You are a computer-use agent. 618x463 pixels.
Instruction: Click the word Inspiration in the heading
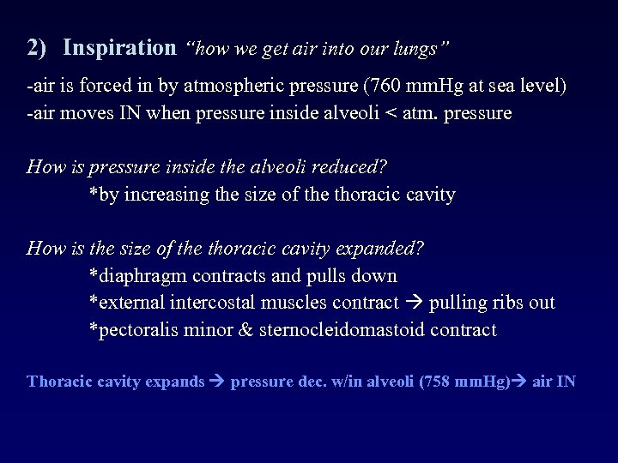tap(118, 48)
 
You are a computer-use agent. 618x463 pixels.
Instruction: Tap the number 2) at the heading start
tap(37, 48)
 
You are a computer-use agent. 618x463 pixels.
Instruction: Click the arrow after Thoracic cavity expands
tap(218, 382)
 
